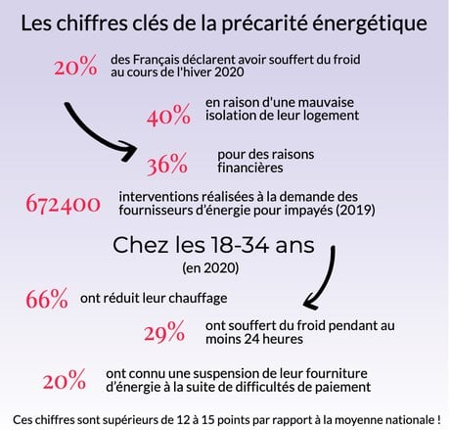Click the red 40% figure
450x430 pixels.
click(168, 115)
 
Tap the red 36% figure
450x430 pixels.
click(167, 164)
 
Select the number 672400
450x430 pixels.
click(63, 204)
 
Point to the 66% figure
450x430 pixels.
click(47, 299)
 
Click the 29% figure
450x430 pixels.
click(164, 332)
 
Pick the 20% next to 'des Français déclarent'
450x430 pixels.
click(75, 66)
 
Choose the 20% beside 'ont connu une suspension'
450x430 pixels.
click(65, 379)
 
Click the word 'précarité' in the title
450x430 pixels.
click(264, 24)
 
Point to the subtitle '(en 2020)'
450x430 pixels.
click(210, 267)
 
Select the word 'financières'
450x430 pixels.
click(250, 167)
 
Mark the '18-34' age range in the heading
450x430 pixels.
click(240, 245)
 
